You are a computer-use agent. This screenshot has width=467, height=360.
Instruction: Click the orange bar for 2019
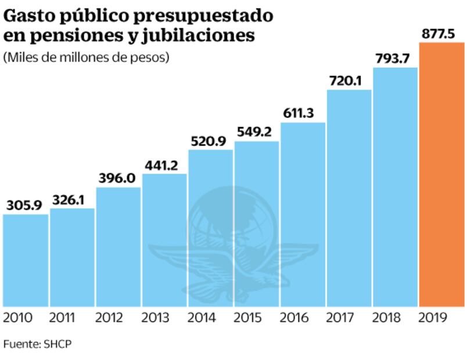[x=441, y=174]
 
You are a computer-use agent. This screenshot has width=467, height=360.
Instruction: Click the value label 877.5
[x=440, y=34]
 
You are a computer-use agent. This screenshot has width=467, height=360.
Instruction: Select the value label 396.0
[x=117, y=178]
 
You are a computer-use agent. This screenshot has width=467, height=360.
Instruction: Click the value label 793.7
[x=395, y=59]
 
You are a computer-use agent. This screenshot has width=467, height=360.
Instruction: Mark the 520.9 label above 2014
[x=210, y=141]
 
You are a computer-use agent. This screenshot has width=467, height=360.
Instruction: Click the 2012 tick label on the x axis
[x=117, y=318]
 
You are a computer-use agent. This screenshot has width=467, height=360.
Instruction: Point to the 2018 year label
[x=394, y=318]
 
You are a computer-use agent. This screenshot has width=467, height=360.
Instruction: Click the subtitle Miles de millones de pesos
[x=87, y=58]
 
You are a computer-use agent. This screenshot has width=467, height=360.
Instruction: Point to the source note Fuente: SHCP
[x=38, y=344]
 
